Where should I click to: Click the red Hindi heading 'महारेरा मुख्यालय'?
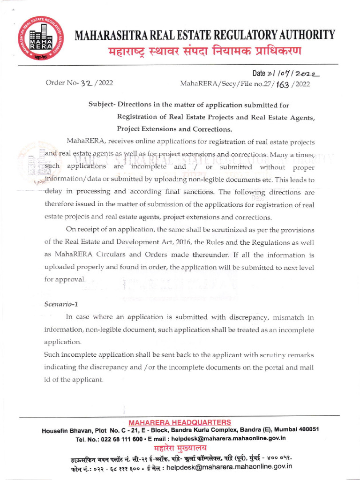point(180,447)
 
